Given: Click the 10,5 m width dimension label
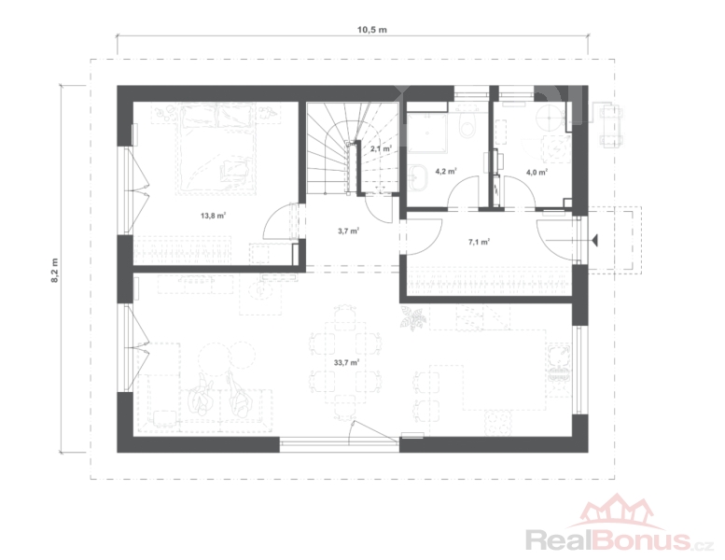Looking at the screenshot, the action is tap(371, 30).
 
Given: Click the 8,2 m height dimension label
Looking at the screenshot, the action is tap(55, 270).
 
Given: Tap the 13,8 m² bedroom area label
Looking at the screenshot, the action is tap(213, 215).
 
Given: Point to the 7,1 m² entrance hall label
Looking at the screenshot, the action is tap(479, 241).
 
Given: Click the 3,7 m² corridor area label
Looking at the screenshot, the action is tap(349, 231).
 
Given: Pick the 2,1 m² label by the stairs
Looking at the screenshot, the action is tap(381, 149).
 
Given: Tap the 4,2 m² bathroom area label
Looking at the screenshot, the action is tap(446, 171).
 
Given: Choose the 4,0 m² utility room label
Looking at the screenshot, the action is tap(537, 172).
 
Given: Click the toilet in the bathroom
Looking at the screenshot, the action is tap(467, 123).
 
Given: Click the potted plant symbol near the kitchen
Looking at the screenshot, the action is tap(412, 318).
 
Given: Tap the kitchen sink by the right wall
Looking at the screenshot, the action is tap(559, 362).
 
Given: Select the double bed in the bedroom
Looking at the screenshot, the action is tap(216, 149).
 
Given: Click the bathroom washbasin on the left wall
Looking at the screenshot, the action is tap(419, 176).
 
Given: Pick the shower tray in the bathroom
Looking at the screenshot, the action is tap(427, 132).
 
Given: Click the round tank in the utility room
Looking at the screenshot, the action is tap(550, 117).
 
